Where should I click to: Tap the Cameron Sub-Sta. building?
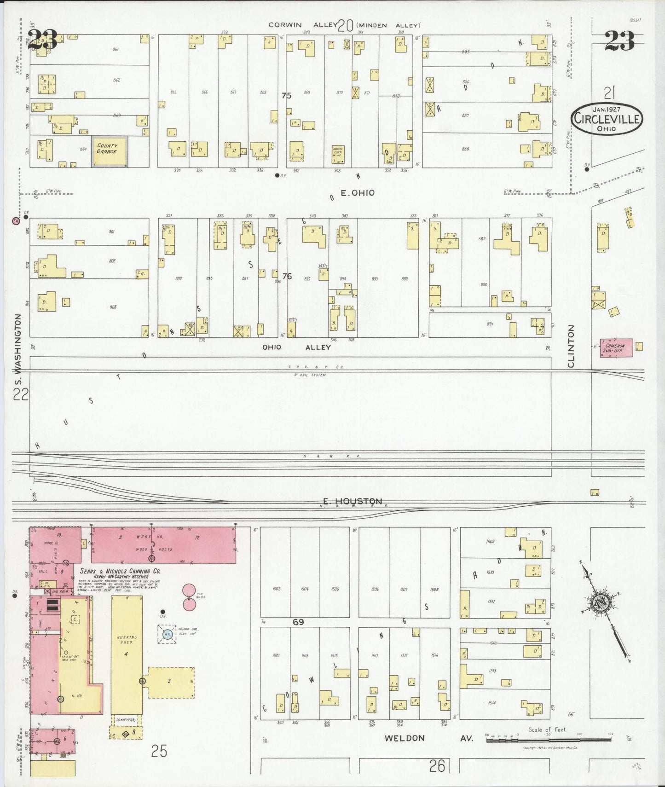615,347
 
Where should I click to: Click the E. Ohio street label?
357,193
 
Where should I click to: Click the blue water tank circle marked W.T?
166,634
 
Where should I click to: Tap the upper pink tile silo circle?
189,590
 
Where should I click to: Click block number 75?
287,96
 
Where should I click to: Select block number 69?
299,622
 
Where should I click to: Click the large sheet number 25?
159,751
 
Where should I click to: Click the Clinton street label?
571,346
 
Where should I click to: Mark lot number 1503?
276,589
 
